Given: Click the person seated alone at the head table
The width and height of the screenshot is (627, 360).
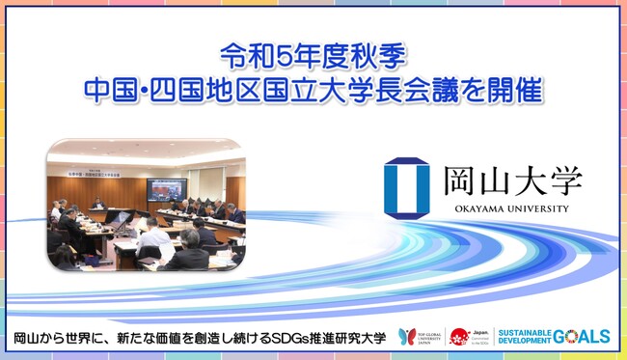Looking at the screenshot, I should tap(97, 204).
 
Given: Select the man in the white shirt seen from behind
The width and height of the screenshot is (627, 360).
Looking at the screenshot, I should tap(152, 240).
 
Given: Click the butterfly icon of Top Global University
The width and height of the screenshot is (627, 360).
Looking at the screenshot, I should tap(406, 336).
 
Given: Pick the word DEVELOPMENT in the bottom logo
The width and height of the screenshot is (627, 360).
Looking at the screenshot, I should tap(527, 341).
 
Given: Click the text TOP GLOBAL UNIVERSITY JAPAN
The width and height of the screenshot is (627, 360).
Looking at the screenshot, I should tap(429, 337).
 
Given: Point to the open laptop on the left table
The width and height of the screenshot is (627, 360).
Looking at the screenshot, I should tap(120, 218).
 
